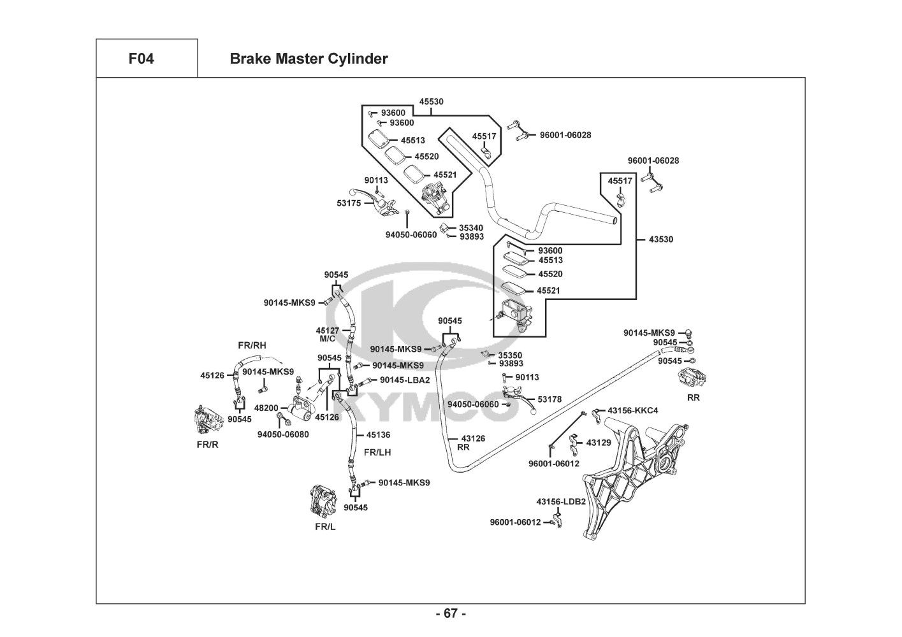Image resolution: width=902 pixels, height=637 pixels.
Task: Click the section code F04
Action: tap(141, 59)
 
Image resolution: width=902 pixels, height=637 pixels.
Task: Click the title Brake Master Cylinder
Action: tap(309, 59)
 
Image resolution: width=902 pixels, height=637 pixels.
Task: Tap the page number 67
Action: tap(451, 613)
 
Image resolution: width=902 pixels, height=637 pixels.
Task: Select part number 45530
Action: tap(432, 101)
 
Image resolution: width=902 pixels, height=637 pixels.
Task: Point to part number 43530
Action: tap(661, 240)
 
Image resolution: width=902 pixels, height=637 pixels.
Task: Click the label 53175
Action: tap(349, 203)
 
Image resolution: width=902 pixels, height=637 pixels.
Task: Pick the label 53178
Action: tap(549, 399)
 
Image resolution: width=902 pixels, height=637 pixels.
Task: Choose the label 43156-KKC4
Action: tap(632, 410)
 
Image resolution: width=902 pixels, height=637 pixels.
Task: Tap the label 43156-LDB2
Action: tap(561, 501)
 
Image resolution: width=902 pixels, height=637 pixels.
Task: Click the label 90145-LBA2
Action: tap(405, 380)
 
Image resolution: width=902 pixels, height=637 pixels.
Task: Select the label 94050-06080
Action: tap(283, 434)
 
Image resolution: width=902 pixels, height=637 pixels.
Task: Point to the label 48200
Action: tap(266, 408)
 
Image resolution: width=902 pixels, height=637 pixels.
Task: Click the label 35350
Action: tap(510, 355)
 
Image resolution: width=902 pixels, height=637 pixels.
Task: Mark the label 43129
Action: tap(599, 442)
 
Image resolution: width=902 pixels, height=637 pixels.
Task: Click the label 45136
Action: tap(378, 435)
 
